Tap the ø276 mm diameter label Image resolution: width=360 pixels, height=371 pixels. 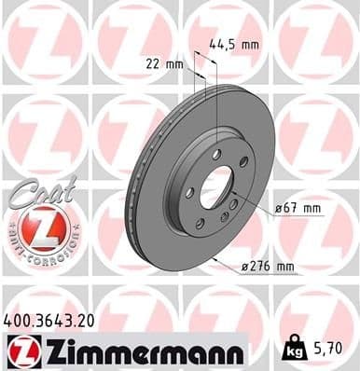[268, 268]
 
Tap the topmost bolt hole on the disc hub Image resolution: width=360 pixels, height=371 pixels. [216, 152]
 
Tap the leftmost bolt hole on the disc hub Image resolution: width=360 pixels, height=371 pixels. [190, 192]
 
